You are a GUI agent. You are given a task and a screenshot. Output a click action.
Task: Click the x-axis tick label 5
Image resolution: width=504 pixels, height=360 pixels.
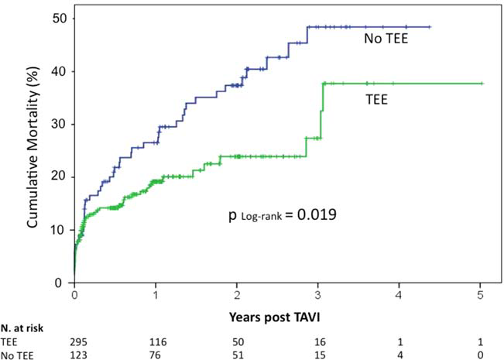coord(481,295)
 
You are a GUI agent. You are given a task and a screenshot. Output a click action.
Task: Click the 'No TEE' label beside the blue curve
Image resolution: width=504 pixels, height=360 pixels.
coord(386,38)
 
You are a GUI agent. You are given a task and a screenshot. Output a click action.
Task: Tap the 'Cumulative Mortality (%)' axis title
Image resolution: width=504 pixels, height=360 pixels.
coord(34,151)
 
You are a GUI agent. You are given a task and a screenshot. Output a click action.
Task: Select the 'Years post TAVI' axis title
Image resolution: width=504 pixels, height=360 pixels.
coord(276,318)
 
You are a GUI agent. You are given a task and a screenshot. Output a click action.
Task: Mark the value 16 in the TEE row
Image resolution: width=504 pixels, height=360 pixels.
coord(317,341)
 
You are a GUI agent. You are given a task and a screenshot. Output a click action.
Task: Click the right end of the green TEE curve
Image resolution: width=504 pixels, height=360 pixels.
coord(482,84)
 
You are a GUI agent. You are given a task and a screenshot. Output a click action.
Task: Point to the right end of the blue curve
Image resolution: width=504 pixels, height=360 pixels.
coord(429,27)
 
